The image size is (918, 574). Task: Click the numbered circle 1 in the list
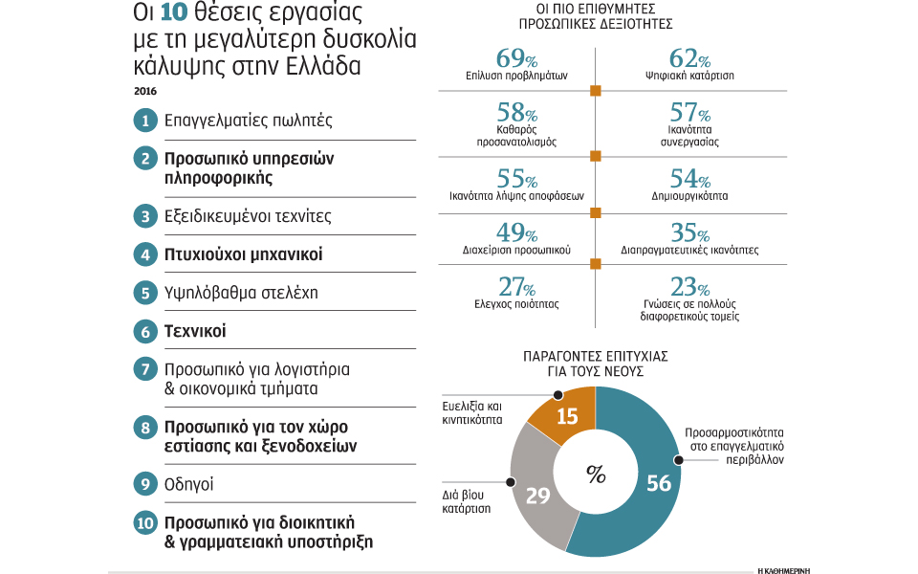(145, 121)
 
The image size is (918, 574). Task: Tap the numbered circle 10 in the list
(145, 522)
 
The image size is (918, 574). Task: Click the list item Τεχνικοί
(201, 332)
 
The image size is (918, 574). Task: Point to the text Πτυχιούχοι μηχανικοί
(243, 254)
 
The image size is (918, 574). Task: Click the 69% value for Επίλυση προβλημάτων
(515, 59)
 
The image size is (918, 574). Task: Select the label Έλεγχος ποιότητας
(517, 303)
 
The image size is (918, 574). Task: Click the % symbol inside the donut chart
(596, 475)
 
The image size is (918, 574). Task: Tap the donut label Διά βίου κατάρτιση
(466, 503)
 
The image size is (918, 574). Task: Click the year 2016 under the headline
(145, 91)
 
